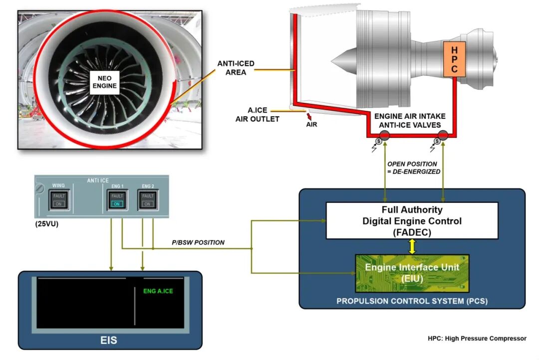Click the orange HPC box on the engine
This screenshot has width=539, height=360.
pos(454,59)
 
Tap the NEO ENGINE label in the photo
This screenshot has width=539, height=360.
pos(104,82)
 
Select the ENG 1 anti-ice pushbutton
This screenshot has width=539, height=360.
pos(117,200)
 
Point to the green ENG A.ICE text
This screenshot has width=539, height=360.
pos(158,291)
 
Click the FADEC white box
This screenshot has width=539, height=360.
pos(412,220)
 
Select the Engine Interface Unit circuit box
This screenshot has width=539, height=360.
pos(412,273)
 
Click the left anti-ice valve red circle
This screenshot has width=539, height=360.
pos(385,135)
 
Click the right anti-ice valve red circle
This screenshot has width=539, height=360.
pos(443,135)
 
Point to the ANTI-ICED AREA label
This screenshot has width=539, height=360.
pos(236,68)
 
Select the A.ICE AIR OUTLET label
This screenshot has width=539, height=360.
pos(257,115)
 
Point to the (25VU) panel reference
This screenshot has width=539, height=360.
pos(46,224)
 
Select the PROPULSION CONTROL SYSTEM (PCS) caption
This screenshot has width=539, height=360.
pos(412,301)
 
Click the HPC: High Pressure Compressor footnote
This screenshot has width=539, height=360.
pos(477,339)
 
